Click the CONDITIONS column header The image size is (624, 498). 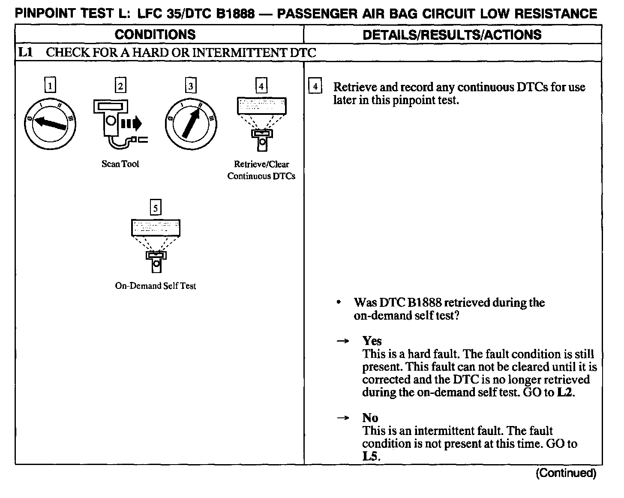tap(155, 35)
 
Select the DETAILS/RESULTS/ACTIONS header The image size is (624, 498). tap(452, 35)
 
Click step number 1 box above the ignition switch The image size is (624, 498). tap(50, 86)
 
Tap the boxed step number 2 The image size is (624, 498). tap(120, 86)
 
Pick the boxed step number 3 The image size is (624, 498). tap(190, 86)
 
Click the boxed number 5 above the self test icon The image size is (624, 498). tap(156, 208)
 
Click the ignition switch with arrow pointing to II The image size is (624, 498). tap(190, 124)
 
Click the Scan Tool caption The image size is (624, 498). tap(120, 164)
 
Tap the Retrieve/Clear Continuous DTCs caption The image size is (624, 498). tap(261, 170)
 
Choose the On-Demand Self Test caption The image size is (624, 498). tap(155, 285)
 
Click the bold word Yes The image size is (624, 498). tap(372, 341)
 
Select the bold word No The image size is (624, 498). tap(370, 418)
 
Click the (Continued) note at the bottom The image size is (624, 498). tap(566, 473)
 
